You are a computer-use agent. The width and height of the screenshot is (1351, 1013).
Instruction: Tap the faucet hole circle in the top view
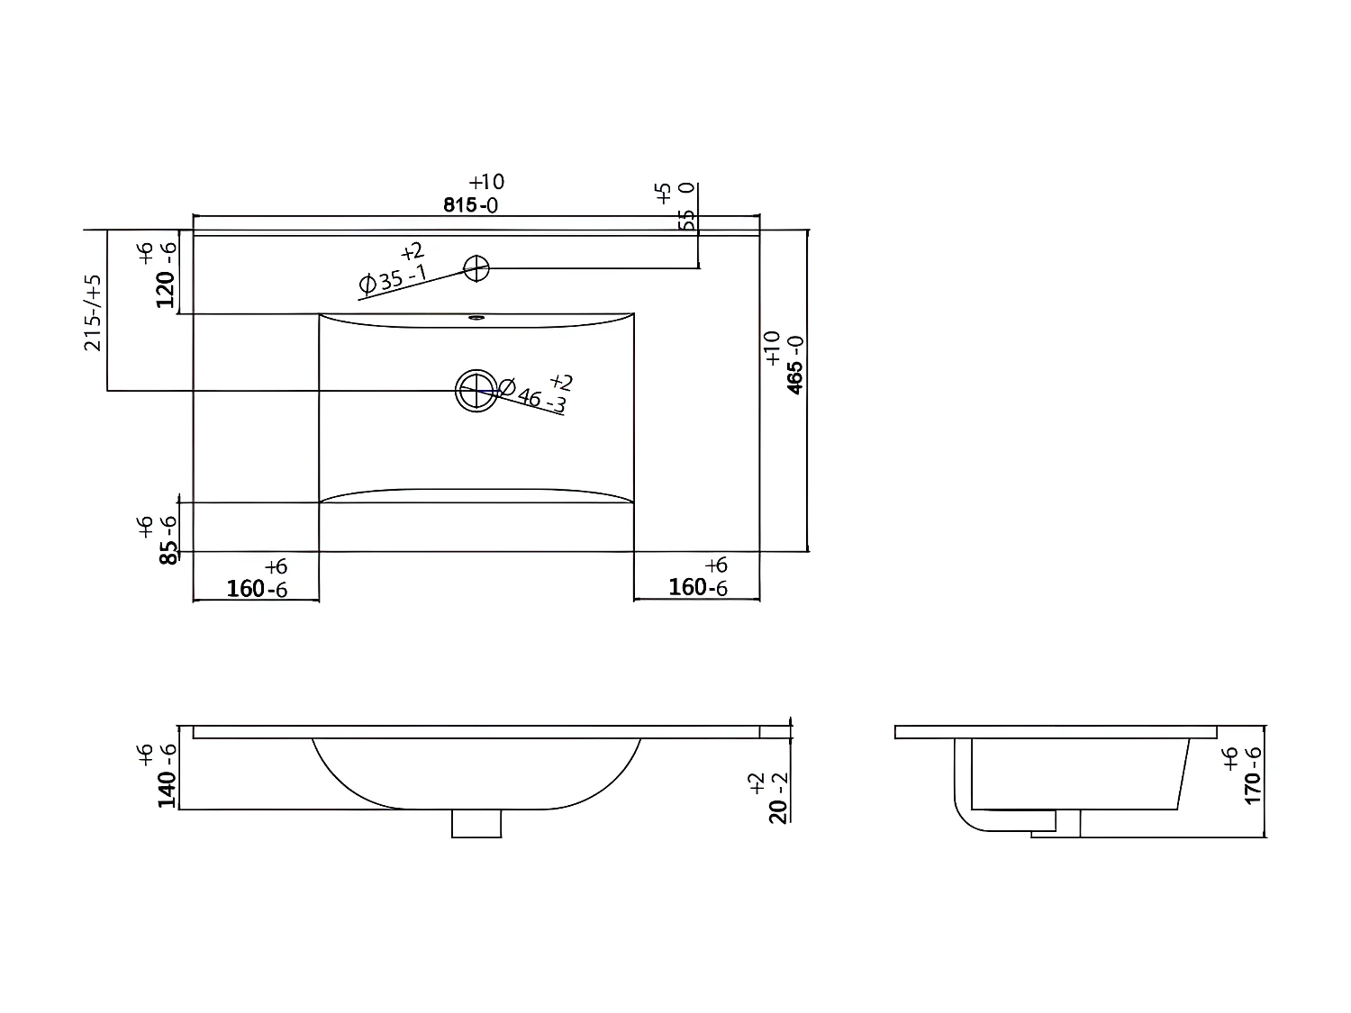click(x=476, y=267)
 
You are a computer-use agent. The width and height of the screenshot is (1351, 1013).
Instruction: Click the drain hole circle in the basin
click(x=476, y=391)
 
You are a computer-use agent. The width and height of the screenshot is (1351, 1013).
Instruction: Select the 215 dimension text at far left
click(x=94, y=312)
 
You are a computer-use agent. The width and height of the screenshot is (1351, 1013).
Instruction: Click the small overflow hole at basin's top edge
click(x=476, y=317)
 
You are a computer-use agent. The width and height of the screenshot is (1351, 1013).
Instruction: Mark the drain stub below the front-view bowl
click(x=476, y=823)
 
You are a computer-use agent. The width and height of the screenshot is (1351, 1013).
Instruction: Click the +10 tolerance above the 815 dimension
click(x=486, y=183)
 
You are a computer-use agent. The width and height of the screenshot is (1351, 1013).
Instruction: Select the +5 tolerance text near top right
click(x=664, y=192)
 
